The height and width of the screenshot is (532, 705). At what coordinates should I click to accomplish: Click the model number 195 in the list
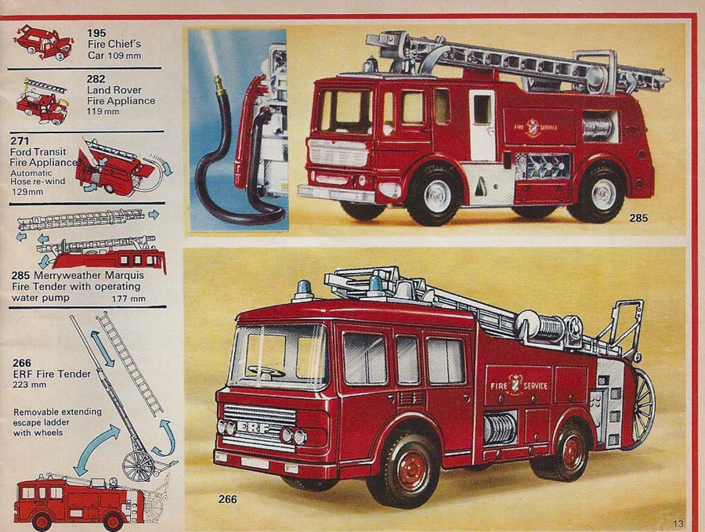pyautogui.click(x=96, y=33)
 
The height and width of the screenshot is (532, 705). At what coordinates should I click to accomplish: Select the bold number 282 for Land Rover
pyautogui.click(x=96, y=78)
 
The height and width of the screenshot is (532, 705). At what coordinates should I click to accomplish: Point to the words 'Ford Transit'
pyautogui.click(x=38, y=152)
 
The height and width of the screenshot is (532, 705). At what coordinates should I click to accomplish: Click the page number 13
pyautogui.click(x=678, y=523)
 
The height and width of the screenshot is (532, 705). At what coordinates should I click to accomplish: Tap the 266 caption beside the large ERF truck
pyautogui.click(x=228, y=499)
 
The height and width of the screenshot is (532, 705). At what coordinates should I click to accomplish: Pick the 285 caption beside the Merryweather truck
pyautogui.click(x=638, y=218)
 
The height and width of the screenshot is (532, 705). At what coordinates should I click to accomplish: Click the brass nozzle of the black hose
pyautogui.click(x=219, y=81)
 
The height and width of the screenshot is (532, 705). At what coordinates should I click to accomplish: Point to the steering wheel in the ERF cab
pyautogui.click(x=266, y=371)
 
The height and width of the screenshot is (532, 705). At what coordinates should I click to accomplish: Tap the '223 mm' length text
pyautogui.click(x=30, y=385)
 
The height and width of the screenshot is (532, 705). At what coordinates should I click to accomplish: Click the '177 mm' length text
pyautogui.click(x=128, y=299)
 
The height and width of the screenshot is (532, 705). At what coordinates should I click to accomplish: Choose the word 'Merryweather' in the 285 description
pyautogui.click(x=67, y=275)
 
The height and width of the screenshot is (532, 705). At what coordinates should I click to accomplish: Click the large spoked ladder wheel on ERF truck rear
pyautogui.click(x=643, y=408)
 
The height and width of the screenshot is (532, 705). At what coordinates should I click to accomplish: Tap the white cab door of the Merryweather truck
pyautogui.click(x=483, y=125)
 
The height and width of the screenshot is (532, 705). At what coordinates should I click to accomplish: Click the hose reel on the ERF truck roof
pyautogui.click(x=545, y=327)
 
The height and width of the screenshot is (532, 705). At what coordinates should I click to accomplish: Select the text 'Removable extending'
pyautogui.click(x=57, y=412)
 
